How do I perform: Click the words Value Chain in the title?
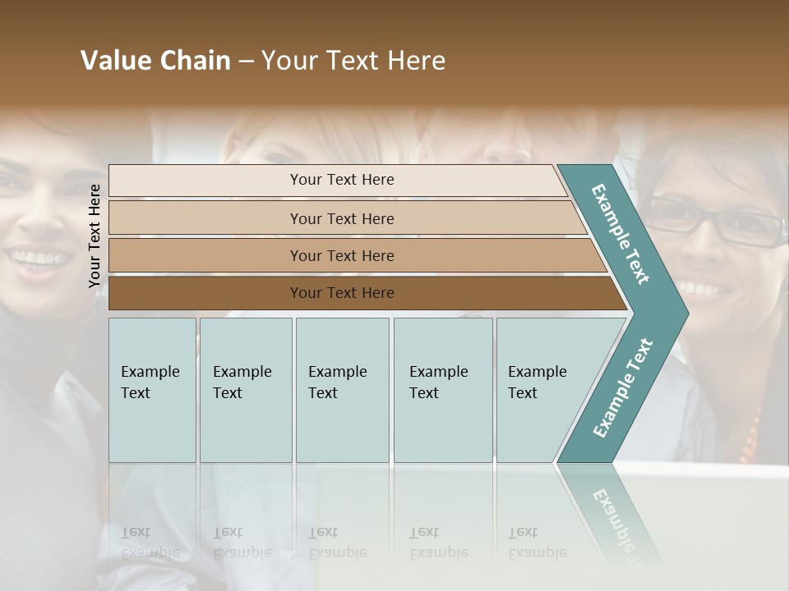pyautogui.click(x=155, y=61)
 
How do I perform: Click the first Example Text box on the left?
pyautogui.click(x=152, y=390)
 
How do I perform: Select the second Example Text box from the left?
pyautogui.click(x=245, y=390)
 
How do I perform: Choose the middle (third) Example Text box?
pyautogui.click(x=342, y=390)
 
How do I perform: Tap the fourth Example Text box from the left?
pyautogui.click(x=443, y=390)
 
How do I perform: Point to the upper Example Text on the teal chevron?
pyautogui.click(x=621, y=234)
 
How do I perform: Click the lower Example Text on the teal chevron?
pyautogui.click(x=623, y=388)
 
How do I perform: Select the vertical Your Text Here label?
pyautogui.click(x=95, y=236)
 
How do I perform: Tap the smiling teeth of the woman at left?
pyautogui.click(x=35, y=260)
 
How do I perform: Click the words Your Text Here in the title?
pyautogui.click(x=353, y=61)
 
